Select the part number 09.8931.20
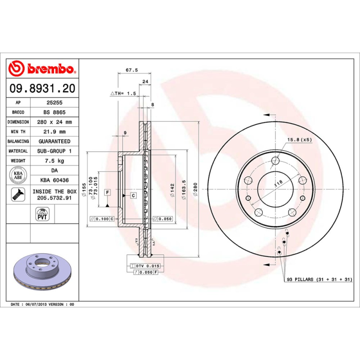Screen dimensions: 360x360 [43, 89]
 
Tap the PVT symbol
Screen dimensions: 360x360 [42, 215]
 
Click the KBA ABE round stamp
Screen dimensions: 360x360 [19, 175]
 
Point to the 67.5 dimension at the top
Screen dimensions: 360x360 [131, 70]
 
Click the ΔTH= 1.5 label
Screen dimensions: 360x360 [123, 93]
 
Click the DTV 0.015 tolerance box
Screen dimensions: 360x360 [147, 266]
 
